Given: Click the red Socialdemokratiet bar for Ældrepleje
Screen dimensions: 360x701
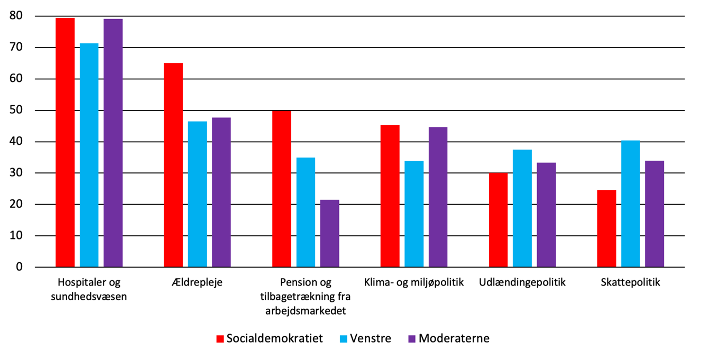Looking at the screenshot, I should click(173, 165).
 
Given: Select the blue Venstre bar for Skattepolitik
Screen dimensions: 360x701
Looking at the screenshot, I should click(630, 204).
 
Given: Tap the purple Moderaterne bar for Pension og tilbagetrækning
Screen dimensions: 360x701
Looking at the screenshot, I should click(329, 233).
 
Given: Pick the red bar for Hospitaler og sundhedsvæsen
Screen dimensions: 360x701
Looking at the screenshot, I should click(65, 143).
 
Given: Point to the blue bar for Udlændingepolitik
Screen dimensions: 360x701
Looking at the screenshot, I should click(522, 208).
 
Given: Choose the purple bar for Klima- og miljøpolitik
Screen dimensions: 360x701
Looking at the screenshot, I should click(438, 197).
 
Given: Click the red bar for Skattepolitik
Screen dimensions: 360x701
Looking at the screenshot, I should click(606, 228).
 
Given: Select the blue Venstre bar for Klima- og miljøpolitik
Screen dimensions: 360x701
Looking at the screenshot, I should click(414, 214).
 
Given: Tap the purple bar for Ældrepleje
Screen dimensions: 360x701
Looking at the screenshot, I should click(221, 192).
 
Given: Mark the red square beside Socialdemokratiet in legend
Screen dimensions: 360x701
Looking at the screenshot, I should click(220, 339).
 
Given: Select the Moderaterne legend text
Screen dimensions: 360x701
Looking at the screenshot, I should click(454, 338).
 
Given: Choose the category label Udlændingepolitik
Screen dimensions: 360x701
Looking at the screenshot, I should click(522, 282).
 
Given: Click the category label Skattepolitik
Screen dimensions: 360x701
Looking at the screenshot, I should click(630, 282).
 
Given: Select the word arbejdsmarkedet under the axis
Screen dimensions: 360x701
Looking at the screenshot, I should click(306, 310).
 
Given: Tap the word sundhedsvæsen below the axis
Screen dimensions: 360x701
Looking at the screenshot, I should click(89, 297).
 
